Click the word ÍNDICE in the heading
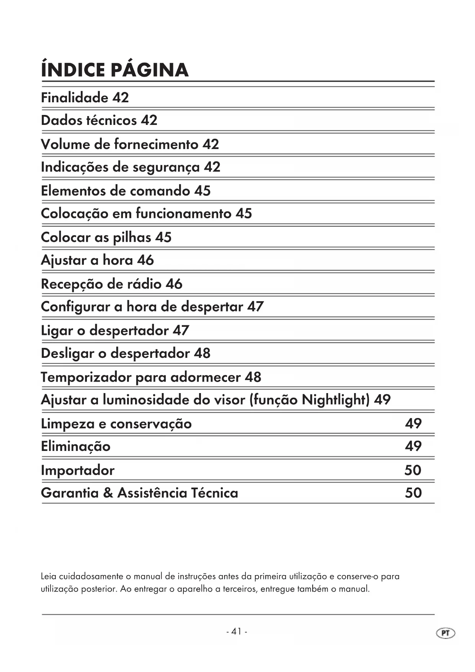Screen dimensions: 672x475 tap(73, 70)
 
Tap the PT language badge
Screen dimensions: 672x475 tap(446, 633)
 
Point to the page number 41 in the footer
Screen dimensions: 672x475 tap(237, 631)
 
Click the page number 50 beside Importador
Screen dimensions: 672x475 tap(413, 470)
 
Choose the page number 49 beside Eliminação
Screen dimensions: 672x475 tap(413, 446)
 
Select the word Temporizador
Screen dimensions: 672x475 tap(86, 377)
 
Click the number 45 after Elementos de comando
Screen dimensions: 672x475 tap(202, 191)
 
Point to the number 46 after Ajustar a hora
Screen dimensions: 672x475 tap(145, 260)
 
